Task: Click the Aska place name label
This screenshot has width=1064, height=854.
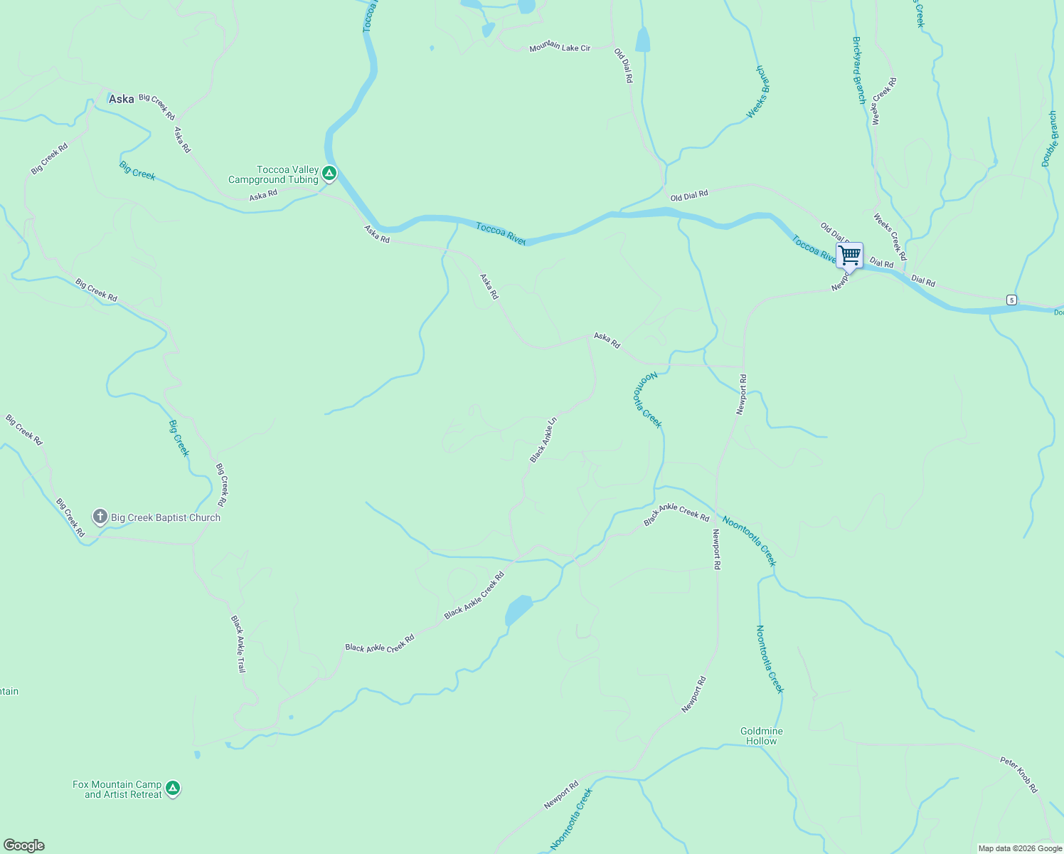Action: (x=121, y=99)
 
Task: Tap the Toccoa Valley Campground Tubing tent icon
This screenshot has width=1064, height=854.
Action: (x=329, y=173)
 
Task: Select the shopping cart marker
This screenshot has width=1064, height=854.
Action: (x=849, y=255)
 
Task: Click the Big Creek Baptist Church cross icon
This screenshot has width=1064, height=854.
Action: (x=100, y=517)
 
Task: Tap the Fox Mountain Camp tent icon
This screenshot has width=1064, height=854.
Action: (x=172, y=789)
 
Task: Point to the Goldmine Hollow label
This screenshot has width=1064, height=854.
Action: (x=761, y=736)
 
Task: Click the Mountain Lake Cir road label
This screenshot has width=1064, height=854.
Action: (x=560, y=48)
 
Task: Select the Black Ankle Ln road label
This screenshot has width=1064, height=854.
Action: (x=543, y=440)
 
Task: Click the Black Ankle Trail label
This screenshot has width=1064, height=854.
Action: (x=238, y=644)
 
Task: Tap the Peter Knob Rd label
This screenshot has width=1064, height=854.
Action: (x=1019, y=774)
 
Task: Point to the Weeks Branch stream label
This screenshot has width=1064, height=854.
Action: (x=759, y=92)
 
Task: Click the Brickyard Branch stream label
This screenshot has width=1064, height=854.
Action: (x=858, y=70)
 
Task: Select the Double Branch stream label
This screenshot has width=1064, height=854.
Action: (x=1050, y=139)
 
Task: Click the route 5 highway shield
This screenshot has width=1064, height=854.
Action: (x=1011, y=300)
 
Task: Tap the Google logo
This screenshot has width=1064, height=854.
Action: (x=23, y=845)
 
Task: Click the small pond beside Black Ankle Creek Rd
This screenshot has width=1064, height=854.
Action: (x=518, y=609)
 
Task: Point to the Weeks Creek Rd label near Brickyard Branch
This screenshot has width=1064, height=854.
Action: (x=885, y=101)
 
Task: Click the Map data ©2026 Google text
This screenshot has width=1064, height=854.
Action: (x=1020, y=848)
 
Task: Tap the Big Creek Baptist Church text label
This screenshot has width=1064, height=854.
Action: (x=166, y=517)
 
